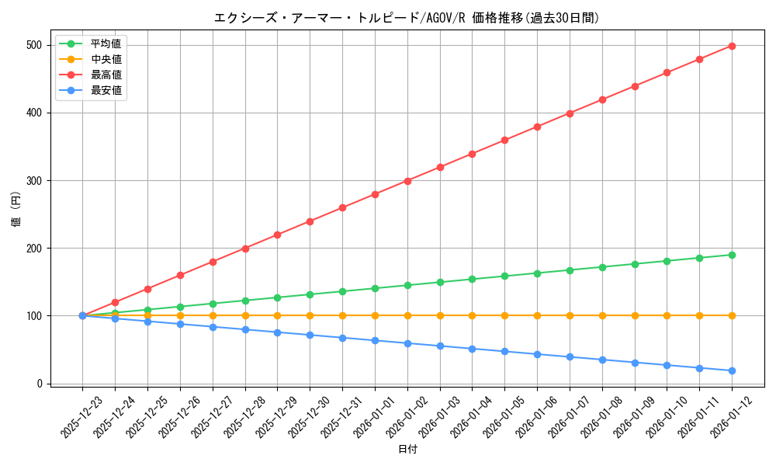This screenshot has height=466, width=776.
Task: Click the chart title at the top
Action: pyautogui.click(x=407, y=18)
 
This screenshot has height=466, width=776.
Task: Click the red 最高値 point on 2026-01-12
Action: pyautogui.click(x=732, y=46)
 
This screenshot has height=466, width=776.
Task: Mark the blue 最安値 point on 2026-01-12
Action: pyautogui.click(x=732, y=370)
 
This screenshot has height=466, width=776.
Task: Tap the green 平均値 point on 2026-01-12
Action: pyautogui.click(x=732, y=255)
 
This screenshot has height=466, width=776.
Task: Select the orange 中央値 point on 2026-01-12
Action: pyautogui.click(x=732, y=315)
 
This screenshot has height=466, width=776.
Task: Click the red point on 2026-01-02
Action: pyautogui.click(x=407, y=181)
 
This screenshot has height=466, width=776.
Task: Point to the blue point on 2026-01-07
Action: pyautogui.click(x=570, y=356)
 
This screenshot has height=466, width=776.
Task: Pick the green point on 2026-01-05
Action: pyautogui.click(x=504, y=276)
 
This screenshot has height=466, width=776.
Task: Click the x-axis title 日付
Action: pyautogui.click(x=407, y=450)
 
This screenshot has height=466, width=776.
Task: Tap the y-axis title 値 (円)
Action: pyautogui.click(x=16, y=210)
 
